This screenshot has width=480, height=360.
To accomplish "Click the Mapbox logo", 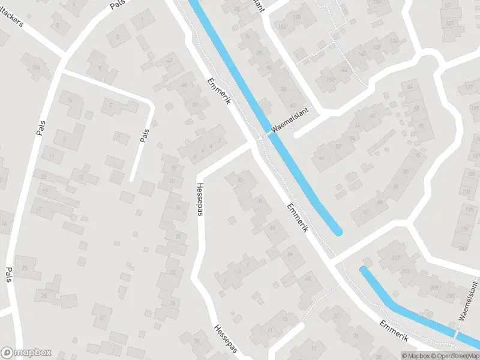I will point(26,353).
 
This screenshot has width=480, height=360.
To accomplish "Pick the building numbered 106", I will point(37,66).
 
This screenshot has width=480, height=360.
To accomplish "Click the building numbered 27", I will point(103,317).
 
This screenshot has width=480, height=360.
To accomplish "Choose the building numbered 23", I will point(25,268).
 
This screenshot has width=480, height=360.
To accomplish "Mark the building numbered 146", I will point(343,70).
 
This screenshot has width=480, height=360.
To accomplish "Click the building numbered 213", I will point(406,271).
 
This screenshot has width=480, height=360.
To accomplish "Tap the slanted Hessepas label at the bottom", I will point(226,340).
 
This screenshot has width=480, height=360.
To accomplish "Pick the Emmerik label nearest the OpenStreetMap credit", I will point(394,331).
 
